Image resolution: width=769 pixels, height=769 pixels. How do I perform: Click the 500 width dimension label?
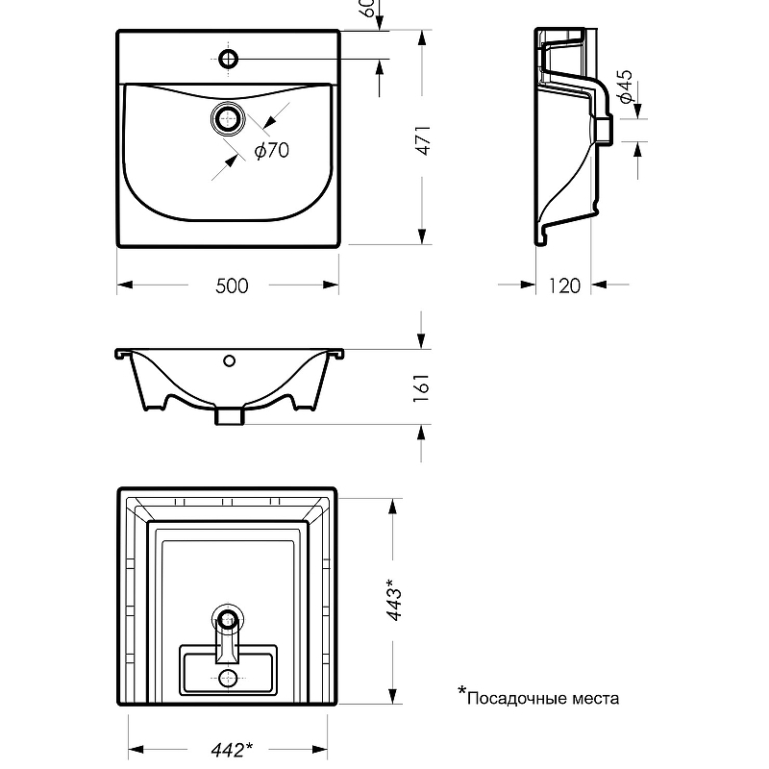[x=233, y=285]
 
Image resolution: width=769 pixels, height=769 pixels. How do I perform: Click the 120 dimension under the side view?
[x=564, y=285]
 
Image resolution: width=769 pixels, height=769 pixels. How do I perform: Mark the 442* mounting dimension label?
[x=232, y=750]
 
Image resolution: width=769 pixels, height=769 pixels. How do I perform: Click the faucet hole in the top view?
[x=229, y=61]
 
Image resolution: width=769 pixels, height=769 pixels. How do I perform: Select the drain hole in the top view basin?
[x=229, y=119]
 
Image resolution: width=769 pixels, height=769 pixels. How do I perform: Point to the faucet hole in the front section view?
[x=229, y=361]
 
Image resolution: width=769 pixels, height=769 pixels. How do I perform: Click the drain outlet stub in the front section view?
[x=229, y=415]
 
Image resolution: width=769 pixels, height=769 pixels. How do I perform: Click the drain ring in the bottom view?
[x=228, y=620]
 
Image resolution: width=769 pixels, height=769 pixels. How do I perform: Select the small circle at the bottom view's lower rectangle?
[x=228, y=679]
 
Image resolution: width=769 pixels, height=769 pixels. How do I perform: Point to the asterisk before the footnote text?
[x=460, y=691]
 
